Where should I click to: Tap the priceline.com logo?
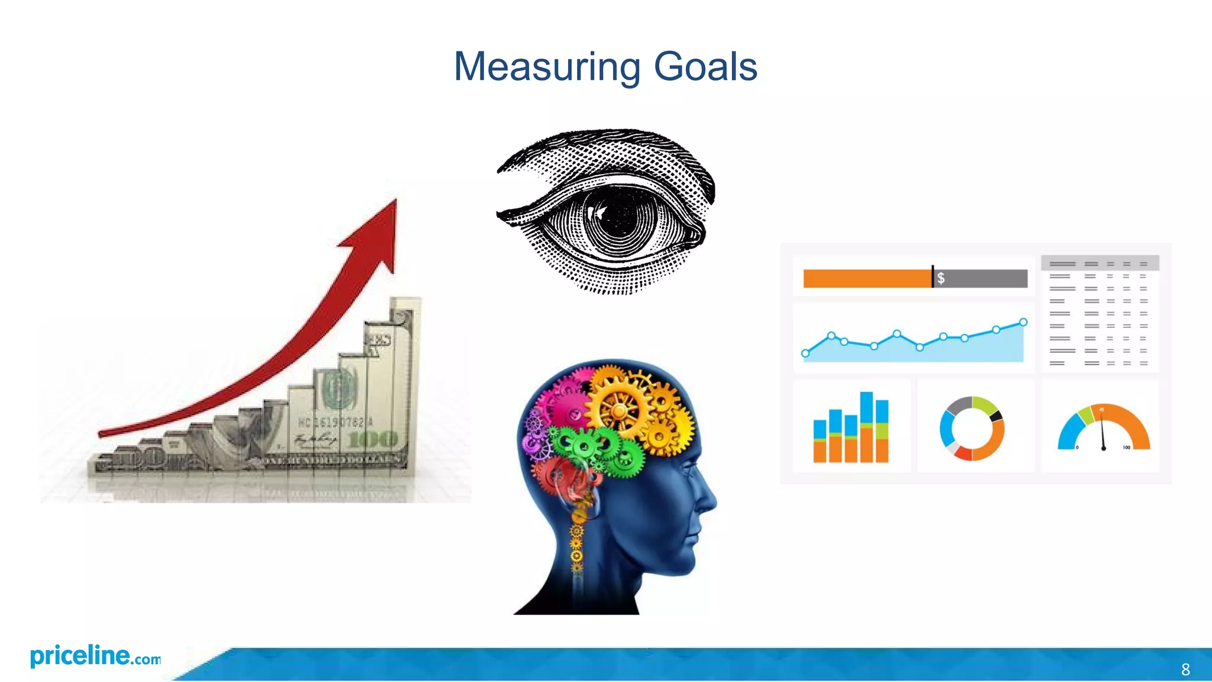[95, 656]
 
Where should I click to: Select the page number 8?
[1185, 670]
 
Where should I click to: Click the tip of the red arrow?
[394, 202]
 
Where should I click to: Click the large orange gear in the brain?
[618, 408]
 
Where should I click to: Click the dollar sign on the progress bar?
[940, 278]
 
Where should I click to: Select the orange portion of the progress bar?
[867, 278]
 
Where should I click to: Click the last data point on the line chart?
[1023, 322]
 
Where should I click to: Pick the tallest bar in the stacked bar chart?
[866, 426]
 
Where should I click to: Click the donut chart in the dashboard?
[972, 429]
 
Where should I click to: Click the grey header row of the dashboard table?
[1100, 263]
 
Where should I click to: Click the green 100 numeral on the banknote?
[373, 439]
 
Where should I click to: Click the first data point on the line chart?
[805, 353]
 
